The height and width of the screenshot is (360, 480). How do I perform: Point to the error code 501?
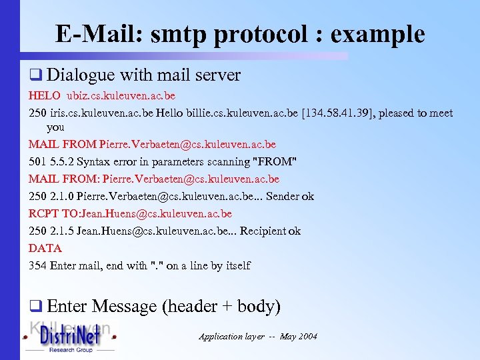click(37, 161)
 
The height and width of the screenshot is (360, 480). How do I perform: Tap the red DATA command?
click(45, 248)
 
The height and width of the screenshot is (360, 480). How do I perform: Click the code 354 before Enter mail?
click(37, 265)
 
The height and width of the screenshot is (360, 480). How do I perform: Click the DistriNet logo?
click(69, 337)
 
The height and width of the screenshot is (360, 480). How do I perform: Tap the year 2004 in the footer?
click(307, 336)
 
